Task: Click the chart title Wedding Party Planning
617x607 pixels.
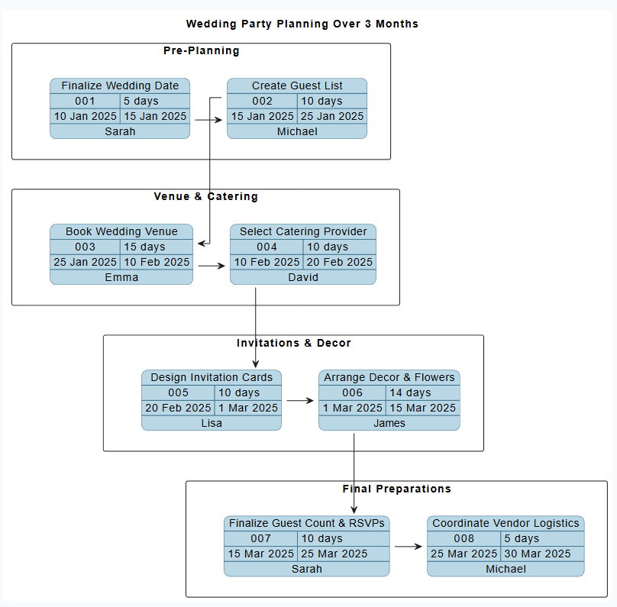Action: click(x=302, y=24)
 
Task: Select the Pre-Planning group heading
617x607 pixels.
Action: click(x=201, y=51)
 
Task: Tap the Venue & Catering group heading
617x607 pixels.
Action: click(x=205, y=197)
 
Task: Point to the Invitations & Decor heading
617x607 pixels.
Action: click(x=293, y=343)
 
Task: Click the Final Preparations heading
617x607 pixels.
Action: click(x=396, y=489)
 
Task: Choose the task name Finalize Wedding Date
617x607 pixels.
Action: click(x=120, y=86)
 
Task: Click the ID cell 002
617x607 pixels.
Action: click(x=262, y=101)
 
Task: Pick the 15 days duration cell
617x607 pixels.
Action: click(x=144, y=247)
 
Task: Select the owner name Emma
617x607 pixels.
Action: click(x=121, y=277)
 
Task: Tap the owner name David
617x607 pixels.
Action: click(x=303, y=277)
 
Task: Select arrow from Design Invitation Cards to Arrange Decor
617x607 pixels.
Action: click(x=300, y=400)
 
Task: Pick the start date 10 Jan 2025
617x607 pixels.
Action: click(x=85, y=116)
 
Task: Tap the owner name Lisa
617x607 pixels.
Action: click(x=212, y=423)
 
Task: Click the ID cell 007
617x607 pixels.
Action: click(x=260, y=538)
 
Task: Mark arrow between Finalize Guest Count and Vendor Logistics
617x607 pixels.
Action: click(x=409, y=547)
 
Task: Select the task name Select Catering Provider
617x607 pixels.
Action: click(x=303, y=231)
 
